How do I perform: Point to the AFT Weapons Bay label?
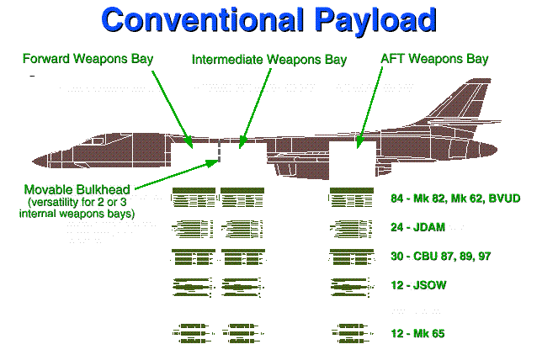click(x=435, y=60)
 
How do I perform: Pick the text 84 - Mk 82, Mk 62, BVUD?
click(x=455, y=199)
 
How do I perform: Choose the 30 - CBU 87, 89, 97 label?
click(x=441, y=257)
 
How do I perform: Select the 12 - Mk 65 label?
click(x=417, y=334)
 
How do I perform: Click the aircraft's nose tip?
click(x=32, y=160)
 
